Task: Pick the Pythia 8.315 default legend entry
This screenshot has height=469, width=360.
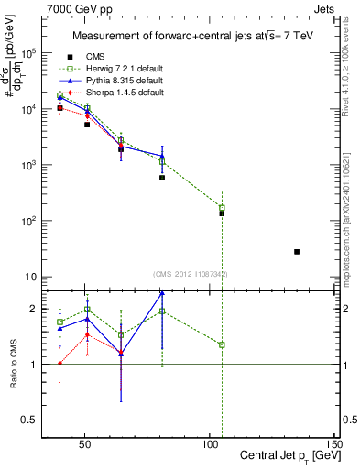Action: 121,81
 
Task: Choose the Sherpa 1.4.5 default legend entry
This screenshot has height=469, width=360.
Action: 121,93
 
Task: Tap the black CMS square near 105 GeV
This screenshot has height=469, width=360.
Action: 222,213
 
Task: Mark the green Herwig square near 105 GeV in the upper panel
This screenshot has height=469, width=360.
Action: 222,208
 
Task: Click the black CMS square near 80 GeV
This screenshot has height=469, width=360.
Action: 162,178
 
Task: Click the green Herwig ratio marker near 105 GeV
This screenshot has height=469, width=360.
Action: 222,344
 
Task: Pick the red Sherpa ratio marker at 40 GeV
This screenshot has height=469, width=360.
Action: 60,364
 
